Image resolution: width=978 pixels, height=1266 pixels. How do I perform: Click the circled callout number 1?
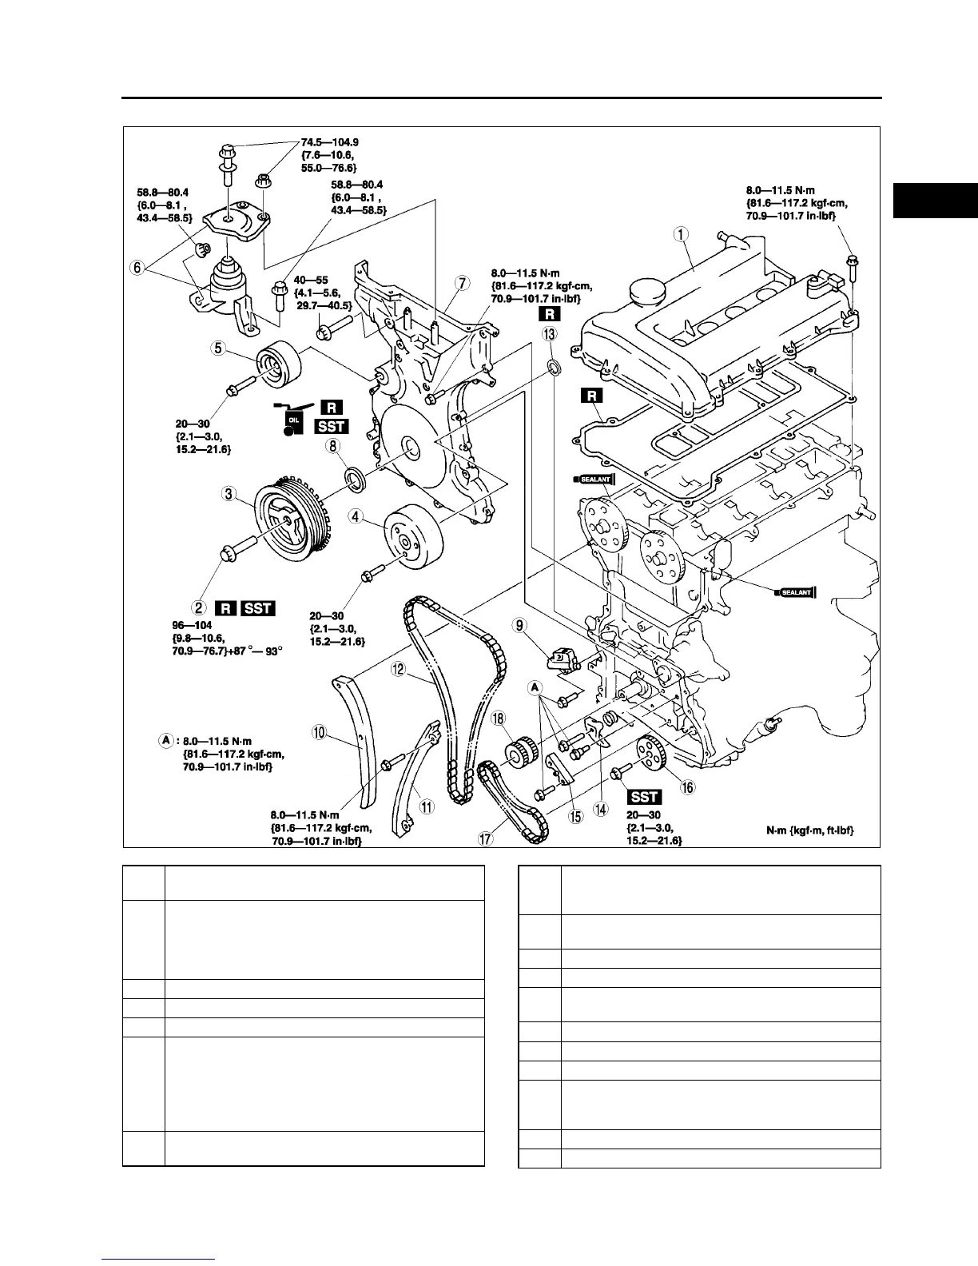(681, 234)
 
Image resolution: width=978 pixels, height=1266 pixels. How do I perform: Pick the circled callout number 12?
(399, 670)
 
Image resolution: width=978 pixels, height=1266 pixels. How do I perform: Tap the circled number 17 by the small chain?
(484, 838)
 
